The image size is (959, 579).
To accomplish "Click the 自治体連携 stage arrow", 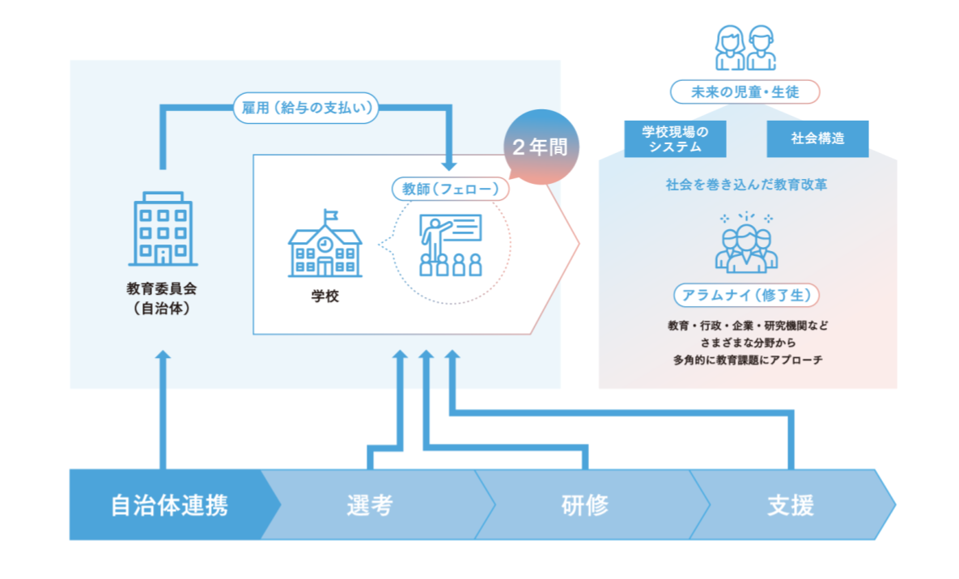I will coord(169,505).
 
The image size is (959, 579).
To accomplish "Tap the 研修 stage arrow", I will coord(584,505).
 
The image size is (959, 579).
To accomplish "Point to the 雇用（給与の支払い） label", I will coord(306,109).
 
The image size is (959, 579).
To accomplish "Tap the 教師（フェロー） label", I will coord(450,189).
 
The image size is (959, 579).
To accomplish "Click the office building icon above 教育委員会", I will coord(162,229).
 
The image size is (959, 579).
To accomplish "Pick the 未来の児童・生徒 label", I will coord(745,92).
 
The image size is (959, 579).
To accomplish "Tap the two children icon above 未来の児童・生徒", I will coord(745,48).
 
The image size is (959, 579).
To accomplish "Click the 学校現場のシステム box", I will coord(675,138).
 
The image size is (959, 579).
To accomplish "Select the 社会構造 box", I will coord(817,138).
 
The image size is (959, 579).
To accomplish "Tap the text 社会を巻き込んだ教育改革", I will coord(746,185).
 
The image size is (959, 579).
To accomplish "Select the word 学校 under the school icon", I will coord(325,296).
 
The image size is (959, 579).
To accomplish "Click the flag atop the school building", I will coord(329,215).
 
